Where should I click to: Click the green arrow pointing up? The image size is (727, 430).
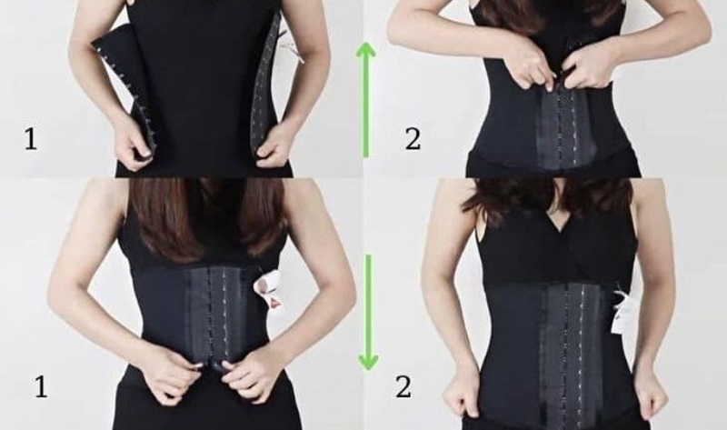pyautogui.click(x=367, y=96)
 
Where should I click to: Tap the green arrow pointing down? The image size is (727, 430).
pyautogui.click(x=367, y=313)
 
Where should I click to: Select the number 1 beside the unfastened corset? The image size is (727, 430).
pyautogui.click(x=31, y=139)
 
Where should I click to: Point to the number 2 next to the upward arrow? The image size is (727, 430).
pyautogui.click(x=413, y=139)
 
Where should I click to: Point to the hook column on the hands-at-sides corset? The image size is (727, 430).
pyautogui.click(x=563, y=345)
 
